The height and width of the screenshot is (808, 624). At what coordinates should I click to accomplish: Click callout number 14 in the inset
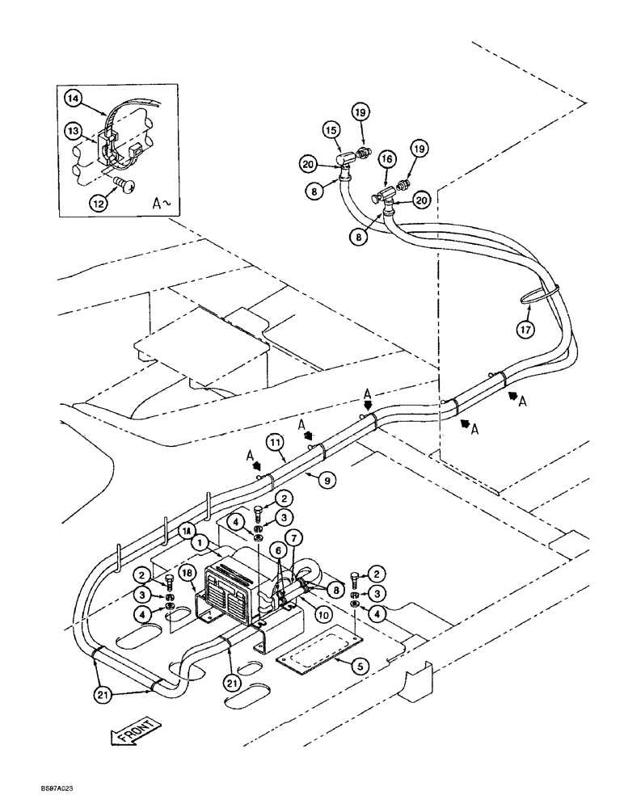click(x=74, y=99)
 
